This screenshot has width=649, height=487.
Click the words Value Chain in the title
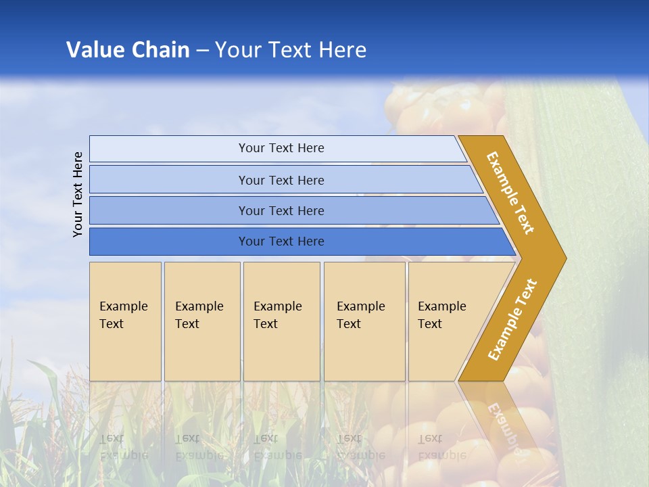(x=128, y=50)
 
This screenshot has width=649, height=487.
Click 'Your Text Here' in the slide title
(x=291, y=50)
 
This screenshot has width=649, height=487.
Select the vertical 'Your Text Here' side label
(x=78, y=194)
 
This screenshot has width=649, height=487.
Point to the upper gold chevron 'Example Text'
(x=510, y=193)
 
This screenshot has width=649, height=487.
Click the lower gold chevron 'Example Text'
(x=512, y=320)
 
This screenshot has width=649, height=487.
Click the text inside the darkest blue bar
(x=281, y=241)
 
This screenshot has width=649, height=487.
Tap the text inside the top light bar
(x=281, y=148)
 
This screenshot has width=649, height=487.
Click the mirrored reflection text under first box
(x=123, y=446)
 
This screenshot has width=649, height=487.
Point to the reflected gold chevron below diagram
(x=500, y=419)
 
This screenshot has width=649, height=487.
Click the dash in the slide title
(x=202, y=51)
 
